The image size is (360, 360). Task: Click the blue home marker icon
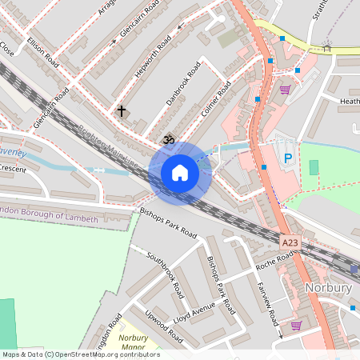pos(179,172)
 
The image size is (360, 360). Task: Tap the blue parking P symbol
pos(287,158)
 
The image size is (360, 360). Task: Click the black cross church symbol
pos(122,111)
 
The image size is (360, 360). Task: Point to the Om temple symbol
pos(168,140)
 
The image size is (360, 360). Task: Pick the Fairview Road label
pos(267,302)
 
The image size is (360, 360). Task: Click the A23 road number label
pos(291,240)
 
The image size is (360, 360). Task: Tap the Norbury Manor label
pos(134,343)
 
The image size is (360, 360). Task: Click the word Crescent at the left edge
pos(12,169)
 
